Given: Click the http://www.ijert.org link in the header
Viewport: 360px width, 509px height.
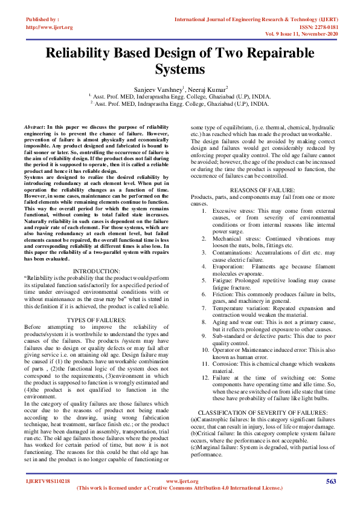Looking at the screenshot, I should pyautogui.click(x=50, y=27).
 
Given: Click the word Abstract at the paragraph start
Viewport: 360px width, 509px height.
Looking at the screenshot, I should pyautogui.click(x=33, y=127).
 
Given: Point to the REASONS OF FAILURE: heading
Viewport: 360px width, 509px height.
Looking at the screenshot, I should pyautogui.click(x=263, y=190).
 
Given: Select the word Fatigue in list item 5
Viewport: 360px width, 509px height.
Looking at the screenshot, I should pyautogui.click(x=222, y=280).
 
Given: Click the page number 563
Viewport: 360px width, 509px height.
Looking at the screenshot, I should pyautogui.click(x=330, y=481).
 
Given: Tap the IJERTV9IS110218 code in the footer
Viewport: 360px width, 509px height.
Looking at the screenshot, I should pyautogui.click(x=48, y=481).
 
